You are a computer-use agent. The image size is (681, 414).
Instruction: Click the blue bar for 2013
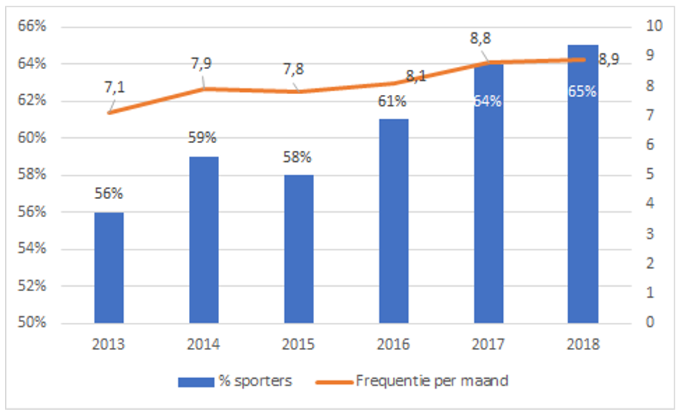[108, 267]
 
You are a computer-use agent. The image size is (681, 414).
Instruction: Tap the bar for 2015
[298, 249]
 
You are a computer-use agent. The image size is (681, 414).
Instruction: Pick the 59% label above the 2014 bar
[203, 137]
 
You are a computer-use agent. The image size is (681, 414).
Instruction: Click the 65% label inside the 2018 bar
[583, 91]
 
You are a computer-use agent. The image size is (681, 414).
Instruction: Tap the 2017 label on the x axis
[488, 344]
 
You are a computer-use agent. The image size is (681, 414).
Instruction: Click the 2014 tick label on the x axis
[203, 344]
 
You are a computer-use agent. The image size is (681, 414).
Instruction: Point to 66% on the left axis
[33, 27]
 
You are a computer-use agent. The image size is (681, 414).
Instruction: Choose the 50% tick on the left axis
[33, 323]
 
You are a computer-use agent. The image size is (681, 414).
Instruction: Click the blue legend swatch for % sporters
[196, 381]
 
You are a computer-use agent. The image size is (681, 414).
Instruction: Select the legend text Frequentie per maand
[432, 381]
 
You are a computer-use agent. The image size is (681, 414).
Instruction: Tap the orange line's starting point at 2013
[108, 113]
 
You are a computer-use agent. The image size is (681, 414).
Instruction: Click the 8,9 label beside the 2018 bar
[608, 60]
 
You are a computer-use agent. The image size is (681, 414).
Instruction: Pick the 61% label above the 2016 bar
[393, 100]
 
